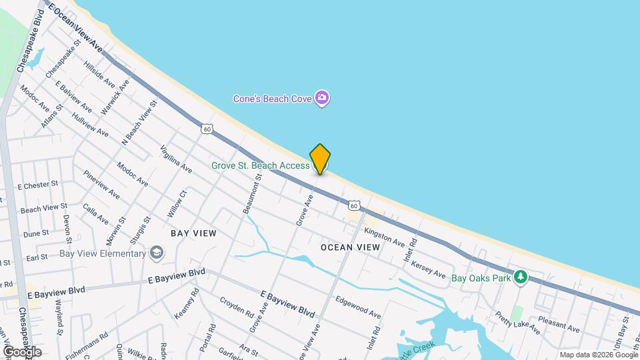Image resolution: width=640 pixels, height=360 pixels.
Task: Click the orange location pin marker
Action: (x=320, y=159)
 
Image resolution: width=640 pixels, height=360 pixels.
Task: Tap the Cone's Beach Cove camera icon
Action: (x=323, y=99)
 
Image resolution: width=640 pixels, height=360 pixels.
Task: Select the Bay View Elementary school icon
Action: (x=156, y=253)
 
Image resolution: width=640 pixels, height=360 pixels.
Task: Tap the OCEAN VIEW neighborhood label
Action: (x=350, y=247)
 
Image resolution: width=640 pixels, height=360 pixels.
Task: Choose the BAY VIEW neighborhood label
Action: (x=193, y=233)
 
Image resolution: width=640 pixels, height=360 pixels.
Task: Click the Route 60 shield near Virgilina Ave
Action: (x=207, y=129)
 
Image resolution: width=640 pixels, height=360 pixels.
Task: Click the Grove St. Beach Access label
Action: (x=259, y=165)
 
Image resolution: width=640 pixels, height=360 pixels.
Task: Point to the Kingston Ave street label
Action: (x=385, y=235)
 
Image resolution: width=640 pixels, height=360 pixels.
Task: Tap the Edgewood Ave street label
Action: (x=358, y=306)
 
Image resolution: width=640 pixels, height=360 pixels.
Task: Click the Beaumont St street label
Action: (x=253, y=191)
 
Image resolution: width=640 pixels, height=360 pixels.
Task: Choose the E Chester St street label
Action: (x=38, y=185)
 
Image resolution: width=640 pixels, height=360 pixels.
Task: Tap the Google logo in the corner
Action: (x=22, y=351)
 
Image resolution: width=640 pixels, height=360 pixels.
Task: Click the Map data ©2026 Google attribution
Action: (x=597, y=355)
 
